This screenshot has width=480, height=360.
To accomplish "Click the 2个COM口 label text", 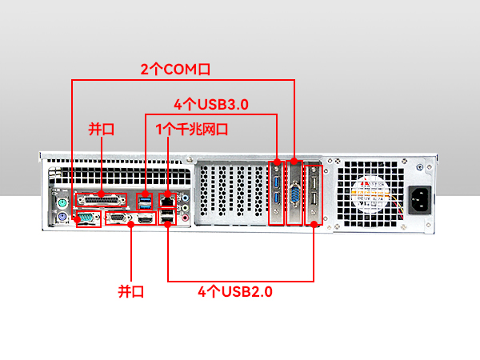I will tap(175, 69).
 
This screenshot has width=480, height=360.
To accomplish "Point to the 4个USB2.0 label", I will tap(235, 292).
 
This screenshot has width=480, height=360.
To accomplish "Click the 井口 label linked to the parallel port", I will tap(101, 129).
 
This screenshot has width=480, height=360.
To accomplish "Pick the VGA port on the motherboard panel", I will tap(118, 218).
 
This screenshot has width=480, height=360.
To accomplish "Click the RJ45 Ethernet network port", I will tap(167, 199).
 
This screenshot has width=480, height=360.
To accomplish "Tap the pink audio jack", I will tap(186, 217).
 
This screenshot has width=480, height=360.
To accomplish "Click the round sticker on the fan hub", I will tap(370, 190).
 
